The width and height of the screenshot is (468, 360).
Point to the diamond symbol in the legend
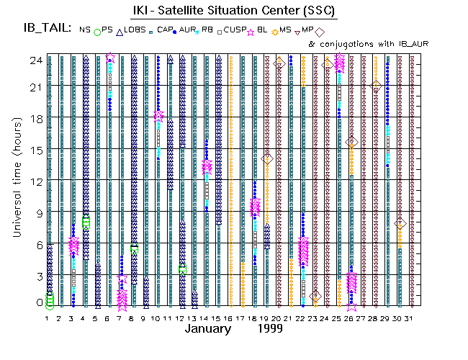[x=319, y=31]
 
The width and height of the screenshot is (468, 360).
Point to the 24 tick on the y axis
[x=35, y=61]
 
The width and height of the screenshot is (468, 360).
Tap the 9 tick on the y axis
[x=37, y=212]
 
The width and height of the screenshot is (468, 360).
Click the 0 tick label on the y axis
[x=37, y=302]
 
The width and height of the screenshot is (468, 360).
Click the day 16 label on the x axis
[x=230, y=318]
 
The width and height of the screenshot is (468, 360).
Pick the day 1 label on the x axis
[x=50, y=318]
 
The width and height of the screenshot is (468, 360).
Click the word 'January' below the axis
[x=208, y=329]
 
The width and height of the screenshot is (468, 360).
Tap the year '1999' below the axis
[x=268, y=329]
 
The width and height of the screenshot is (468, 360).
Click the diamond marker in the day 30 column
[x=400, y=224]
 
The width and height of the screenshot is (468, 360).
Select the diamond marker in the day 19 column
[x=267, y=158]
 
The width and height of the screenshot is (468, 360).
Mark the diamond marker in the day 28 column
[x=376, y=86]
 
